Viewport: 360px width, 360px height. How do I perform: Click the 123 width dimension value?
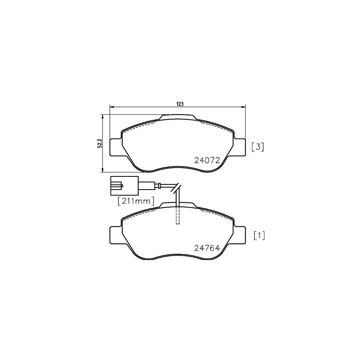coord(180,104)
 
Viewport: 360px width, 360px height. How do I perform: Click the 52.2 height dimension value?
coord(100,143)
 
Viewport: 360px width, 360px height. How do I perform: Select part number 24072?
coord(207,160)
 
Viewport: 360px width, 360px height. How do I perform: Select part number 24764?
coord(207,248)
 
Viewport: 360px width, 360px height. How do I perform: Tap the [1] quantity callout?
coord(259,236)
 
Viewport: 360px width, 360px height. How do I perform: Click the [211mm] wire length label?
coord(136,202)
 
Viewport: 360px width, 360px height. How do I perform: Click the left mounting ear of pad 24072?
coord(115,147)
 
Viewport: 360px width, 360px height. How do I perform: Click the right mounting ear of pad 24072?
coord(240,147)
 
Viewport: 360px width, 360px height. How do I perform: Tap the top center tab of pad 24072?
coord(178,117)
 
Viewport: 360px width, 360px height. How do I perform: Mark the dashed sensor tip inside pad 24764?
coord(178,216)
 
